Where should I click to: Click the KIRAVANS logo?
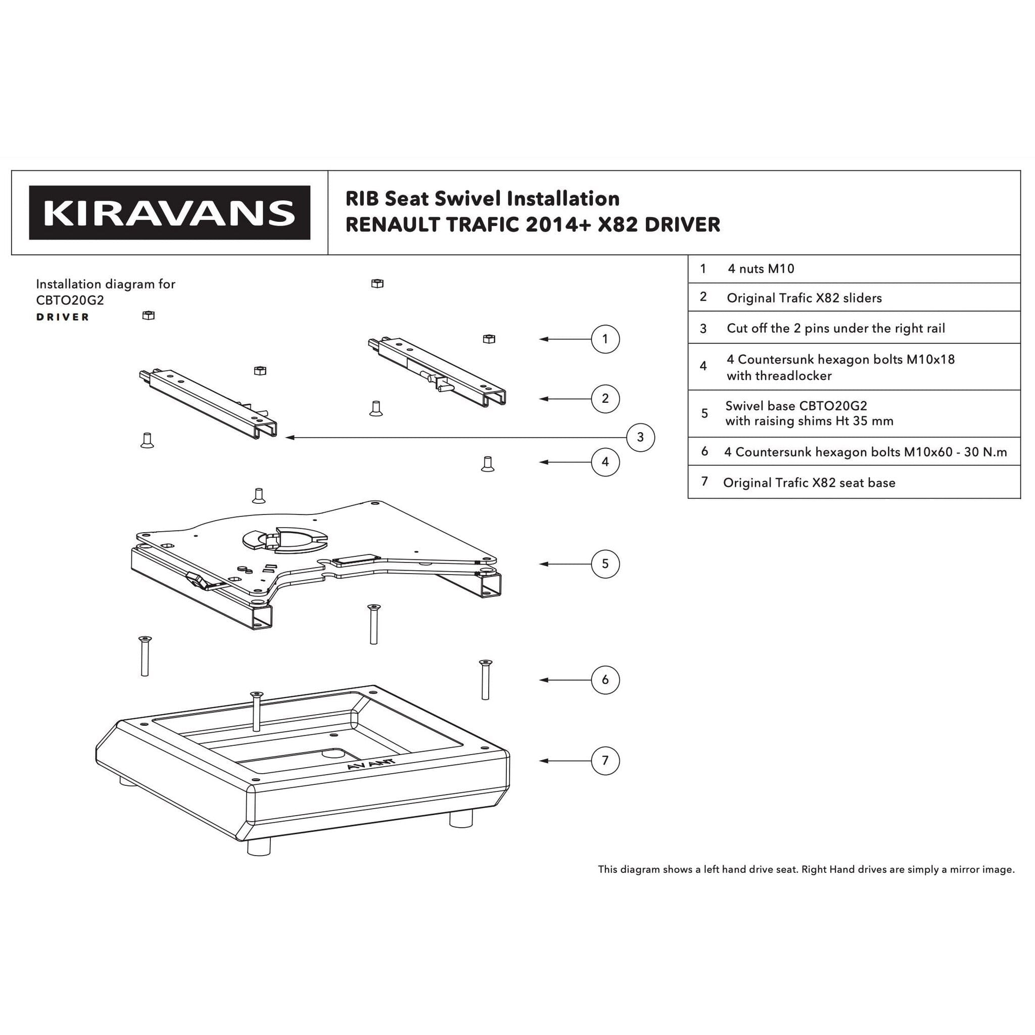pos(169,213)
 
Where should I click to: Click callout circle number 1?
pos(605,339)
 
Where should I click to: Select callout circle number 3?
pos(640,438)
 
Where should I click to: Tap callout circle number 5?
pos(605,563)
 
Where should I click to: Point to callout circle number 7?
pos(605,761)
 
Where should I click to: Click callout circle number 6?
pos(605,680)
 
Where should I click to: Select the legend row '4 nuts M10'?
pos(761,269)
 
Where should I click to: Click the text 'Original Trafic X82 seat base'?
pos(809,483)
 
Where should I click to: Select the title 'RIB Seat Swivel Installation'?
pos(482,199)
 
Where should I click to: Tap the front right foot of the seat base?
pos(461,818)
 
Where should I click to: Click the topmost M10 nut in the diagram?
pos(377,284)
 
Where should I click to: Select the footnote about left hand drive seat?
pos(806,869)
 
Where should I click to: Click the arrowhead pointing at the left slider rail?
pos(290,438)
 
